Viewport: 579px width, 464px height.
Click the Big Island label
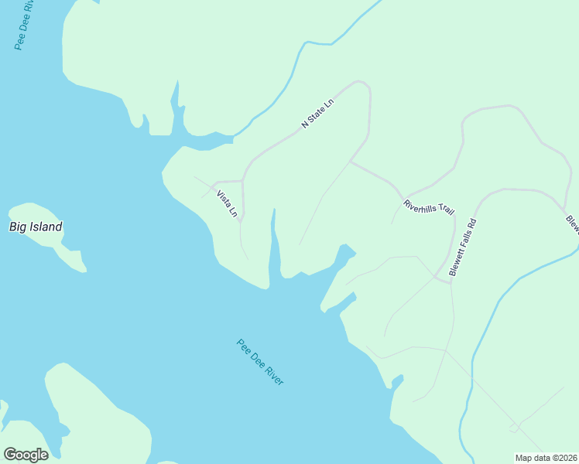tap(36, 227)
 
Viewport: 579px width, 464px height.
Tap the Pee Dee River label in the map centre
tap(260, 362)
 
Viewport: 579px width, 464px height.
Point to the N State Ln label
tap(317, 113)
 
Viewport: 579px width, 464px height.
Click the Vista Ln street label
tap(227, 204)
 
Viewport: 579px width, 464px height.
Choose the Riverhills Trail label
tap(428, 207)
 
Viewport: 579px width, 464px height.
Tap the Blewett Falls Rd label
tap(463, 247)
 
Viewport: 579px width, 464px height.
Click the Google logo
tap(26, 455)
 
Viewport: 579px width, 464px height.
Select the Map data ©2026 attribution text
tap(546, 458)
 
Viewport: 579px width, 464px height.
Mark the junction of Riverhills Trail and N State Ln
tap(351, 162)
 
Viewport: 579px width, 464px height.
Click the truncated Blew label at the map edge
tap(572, 224)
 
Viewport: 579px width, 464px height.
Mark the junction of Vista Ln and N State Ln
tap(243, 181)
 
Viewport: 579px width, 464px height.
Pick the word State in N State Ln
tap(317, 113)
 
